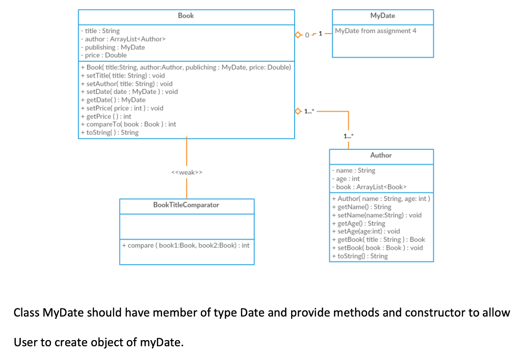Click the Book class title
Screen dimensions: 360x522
tap(186, 16)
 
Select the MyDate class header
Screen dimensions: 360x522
tap(382, 16)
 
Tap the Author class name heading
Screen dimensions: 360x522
tap(381, 156)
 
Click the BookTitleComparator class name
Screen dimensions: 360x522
tap(186, 205)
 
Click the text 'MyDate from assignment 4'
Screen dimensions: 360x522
tap(375, 31)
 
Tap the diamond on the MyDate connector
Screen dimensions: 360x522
tap(298, 35)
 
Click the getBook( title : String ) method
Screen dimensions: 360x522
tap(380, 240)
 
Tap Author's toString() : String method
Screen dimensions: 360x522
tap(362, 256)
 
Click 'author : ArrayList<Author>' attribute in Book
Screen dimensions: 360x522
tap(125, 39)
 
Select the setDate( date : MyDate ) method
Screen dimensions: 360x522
tap(132, 92)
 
